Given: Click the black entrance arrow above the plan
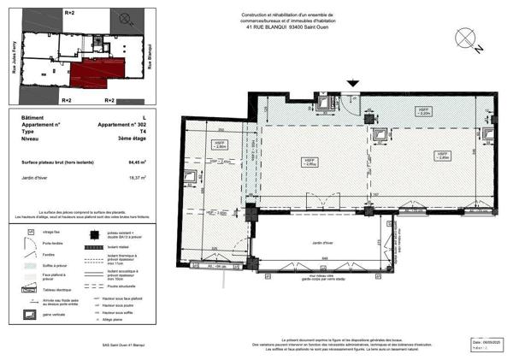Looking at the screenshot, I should click(x=352, y=83).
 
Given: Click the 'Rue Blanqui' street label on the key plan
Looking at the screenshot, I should click(x=150, y=56).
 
